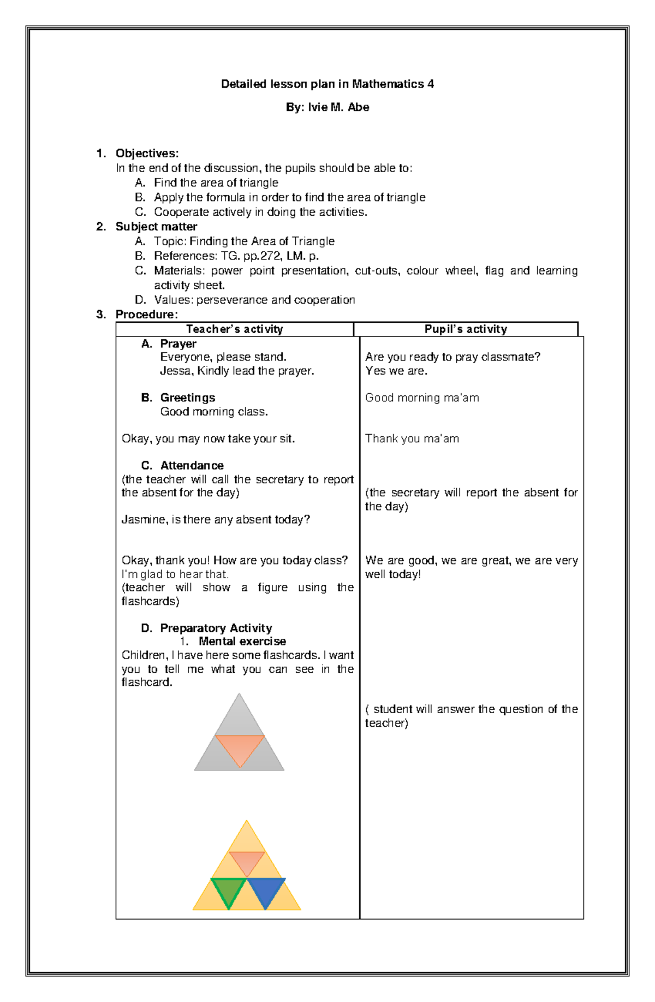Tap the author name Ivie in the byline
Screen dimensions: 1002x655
pos(317,108)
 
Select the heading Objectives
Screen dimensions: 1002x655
pos(147,153)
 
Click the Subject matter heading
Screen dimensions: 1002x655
pos(156,227)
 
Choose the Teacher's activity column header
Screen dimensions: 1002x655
pos(234,329)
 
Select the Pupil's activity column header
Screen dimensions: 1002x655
pos(466,329)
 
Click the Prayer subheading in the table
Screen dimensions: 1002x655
pos(178,344)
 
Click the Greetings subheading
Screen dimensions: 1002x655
pos(187,398)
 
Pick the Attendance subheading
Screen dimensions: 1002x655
pos(192,466)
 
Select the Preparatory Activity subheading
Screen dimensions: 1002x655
pos(216,629)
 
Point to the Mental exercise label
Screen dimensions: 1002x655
pos(242,642)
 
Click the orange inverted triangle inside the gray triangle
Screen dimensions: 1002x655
pos(240,748)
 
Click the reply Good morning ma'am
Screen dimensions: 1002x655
pos(422,398)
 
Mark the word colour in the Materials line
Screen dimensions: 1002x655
pos(422,271)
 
